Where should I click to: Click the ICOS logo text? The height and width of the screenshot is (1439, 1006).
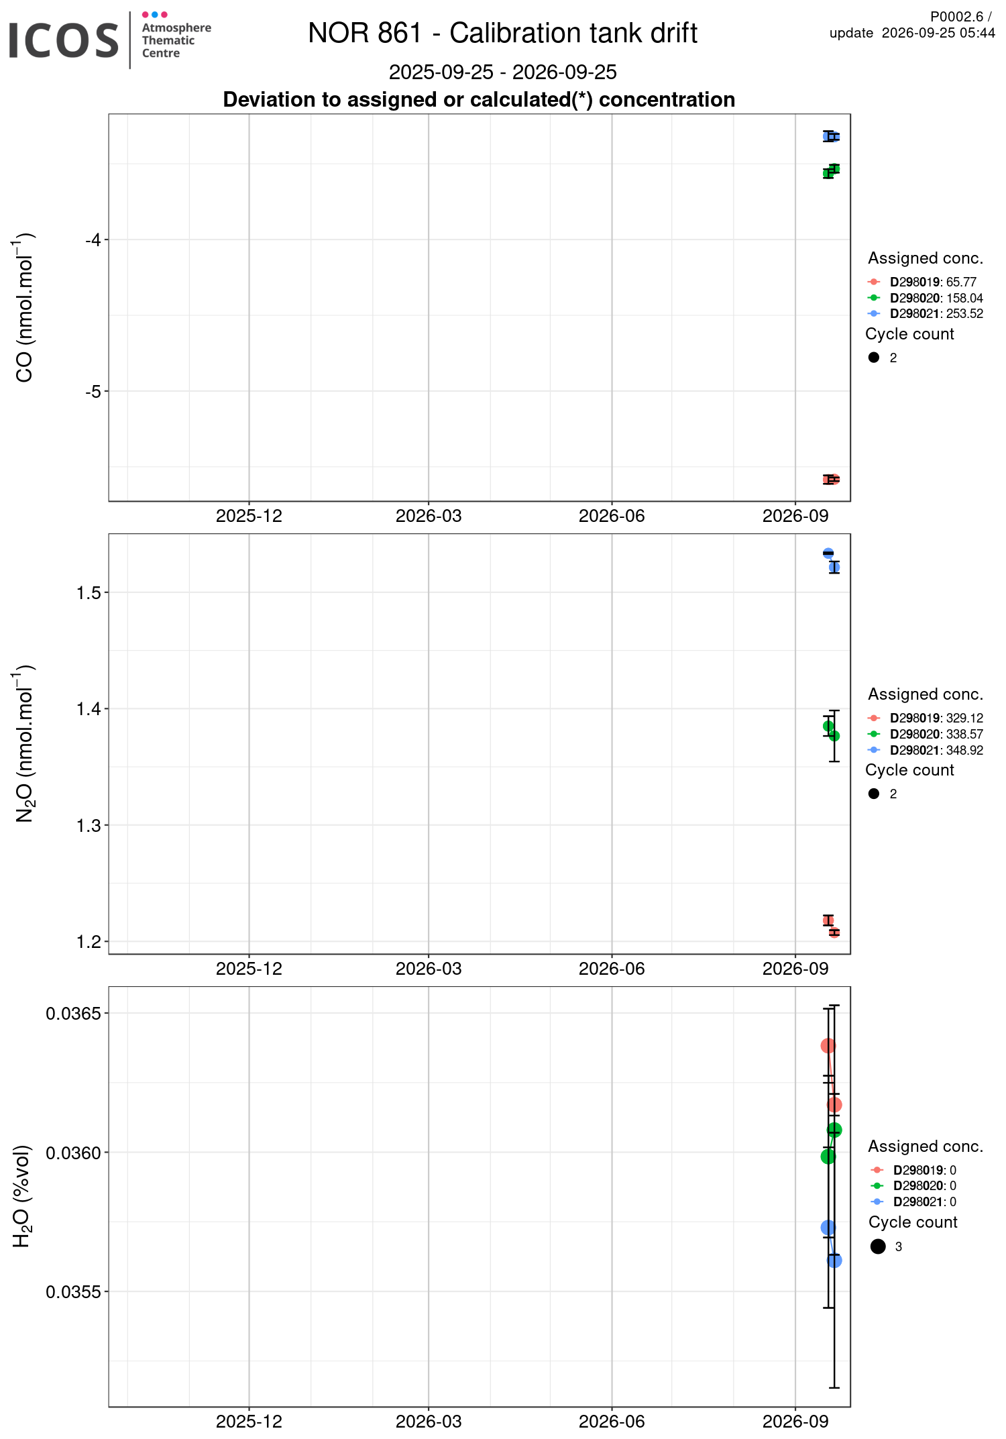64,40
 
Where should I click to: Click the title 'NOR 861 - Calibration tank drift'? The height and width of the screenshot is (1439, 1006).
503,33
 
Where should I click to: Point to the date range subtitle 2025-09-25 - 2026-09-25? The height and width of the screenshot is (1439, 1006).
503,72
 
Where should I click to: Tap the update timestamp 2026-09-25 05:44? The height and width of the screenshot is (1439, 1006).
938,33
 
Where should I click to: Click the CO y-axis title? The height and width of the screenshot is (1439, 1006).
24,307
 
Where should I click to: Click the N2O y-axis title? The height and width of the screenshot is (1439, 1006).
24,743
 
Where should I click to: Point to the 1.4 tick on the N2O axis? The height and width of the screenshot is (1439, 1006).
89,708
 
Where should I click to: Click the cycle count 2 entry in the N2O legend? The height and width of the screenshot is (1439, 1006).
882,794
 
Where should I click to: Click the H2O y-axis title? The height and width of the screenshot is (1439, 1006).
23,1196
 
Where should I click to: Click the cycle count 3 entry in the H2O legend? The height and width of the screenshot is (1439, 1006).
886,1246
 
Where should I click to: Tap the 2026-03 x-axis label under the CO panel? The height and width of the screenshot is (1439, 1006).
429,516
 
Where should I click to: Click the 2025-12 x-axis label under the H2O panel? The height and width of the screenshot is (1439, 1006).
249,1422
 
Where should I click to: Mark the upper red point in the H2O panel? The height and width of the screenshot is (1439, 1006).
828,1046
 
